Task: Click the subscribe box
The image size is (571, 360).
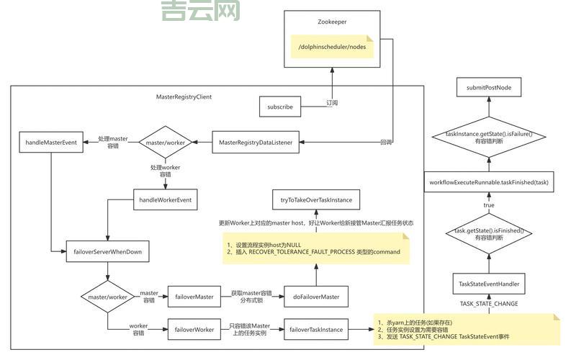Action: point(279,107)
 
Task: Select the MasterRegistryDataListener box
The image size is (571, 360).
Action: point(256,143)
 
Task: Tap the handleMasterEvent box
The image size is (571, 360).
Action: point(50,143)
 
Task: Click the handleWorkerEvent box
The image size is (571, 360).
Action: point(166,199)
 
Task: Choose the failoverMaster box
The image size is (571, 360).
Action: point(194,296)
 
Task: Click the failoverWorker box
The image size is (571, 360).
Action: point(194,330)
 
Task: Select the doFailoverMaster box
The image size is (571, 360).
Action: point(316,296)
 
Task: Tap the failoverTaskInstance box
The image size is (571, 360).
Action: point(316,330)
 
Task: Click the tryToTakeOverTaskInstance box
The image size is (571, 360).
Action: point(315,199)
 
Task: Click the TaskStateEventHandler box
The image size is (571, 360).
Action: point(489,284)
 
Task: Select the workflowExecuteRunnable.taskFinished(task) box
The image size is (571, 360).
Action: point(489,182)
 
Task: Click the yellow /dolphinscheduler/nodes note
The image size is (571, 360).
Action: point(332,48)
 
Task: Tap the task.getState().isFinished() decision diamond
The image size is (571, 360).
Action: point(489,233)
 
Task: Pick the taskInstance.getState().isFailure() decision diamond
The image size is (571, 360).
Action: point(489,137)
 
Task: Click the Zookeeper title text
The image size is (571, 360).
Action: point(332,22)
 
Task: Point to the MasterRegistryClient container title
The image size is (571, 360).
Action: point(184,96)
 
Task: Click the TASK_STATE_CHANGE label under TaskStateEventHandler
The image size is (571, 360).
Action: point(489,304)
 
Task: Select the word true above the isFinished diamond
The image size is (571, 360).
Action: point(489,205)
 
